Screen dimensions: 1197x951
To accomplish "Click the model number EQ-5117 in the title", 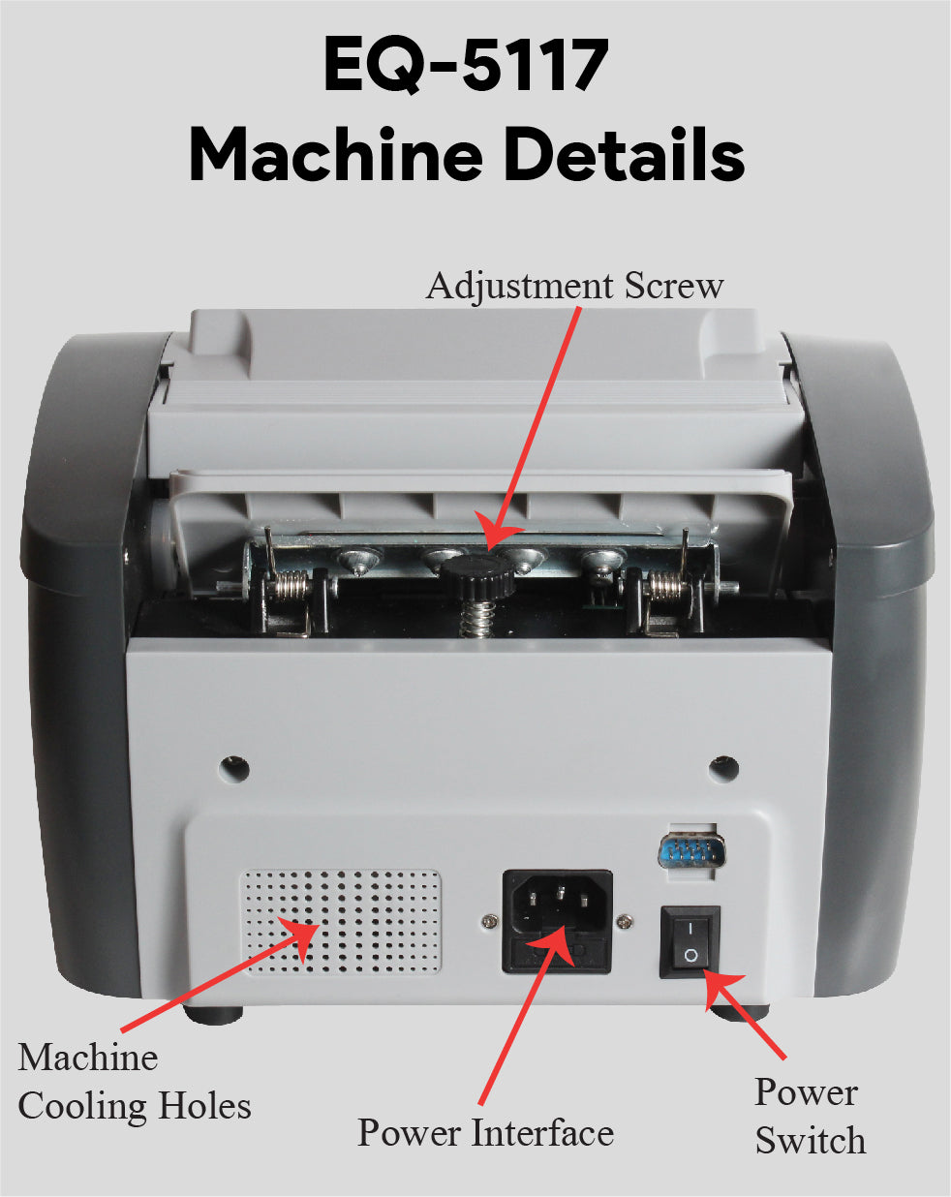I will click(x=466, y=65).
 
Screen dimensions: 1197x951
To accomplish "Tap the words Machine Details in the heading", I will click(x=466, y=155).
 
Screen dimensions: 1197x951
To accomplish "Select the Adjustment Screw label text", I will click(x=574, y=286).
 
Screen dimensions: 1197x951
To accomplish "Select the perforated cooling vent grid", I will click(x=341, y=922).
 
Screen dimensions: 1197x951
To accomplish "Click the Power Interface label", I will click(x=485, y=1132).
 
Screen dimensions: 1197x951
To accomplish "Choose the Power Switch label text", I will click(x=809, y=1116).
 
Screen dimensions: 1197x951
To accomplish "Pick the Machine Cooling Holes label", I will click(x=134, y=1081).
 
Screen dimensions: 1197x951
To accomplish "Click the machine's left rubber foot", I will click(x=212, y=1012).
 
